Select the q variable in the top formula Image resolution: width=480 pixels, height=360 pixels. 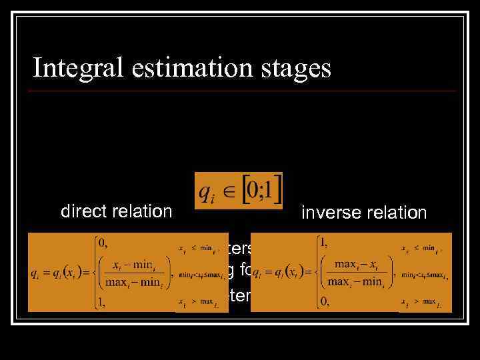coord(207,193)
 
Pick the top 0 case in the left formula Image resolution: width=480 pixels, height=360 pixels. coord(103,243)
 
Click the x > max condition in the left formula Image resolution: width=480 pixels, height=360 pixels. coord(197,305)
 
